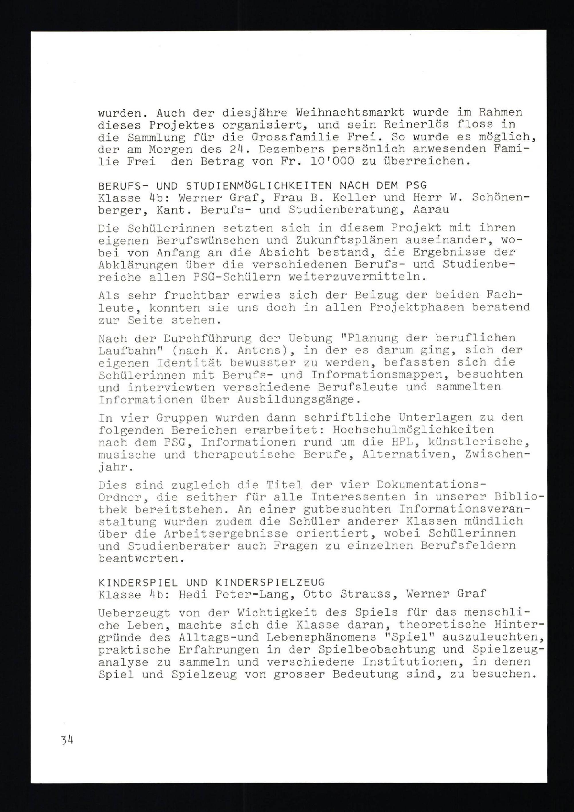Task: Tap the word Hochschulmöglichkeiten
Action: pos(413,430)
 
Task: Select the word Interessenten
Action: pos(358,497)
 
